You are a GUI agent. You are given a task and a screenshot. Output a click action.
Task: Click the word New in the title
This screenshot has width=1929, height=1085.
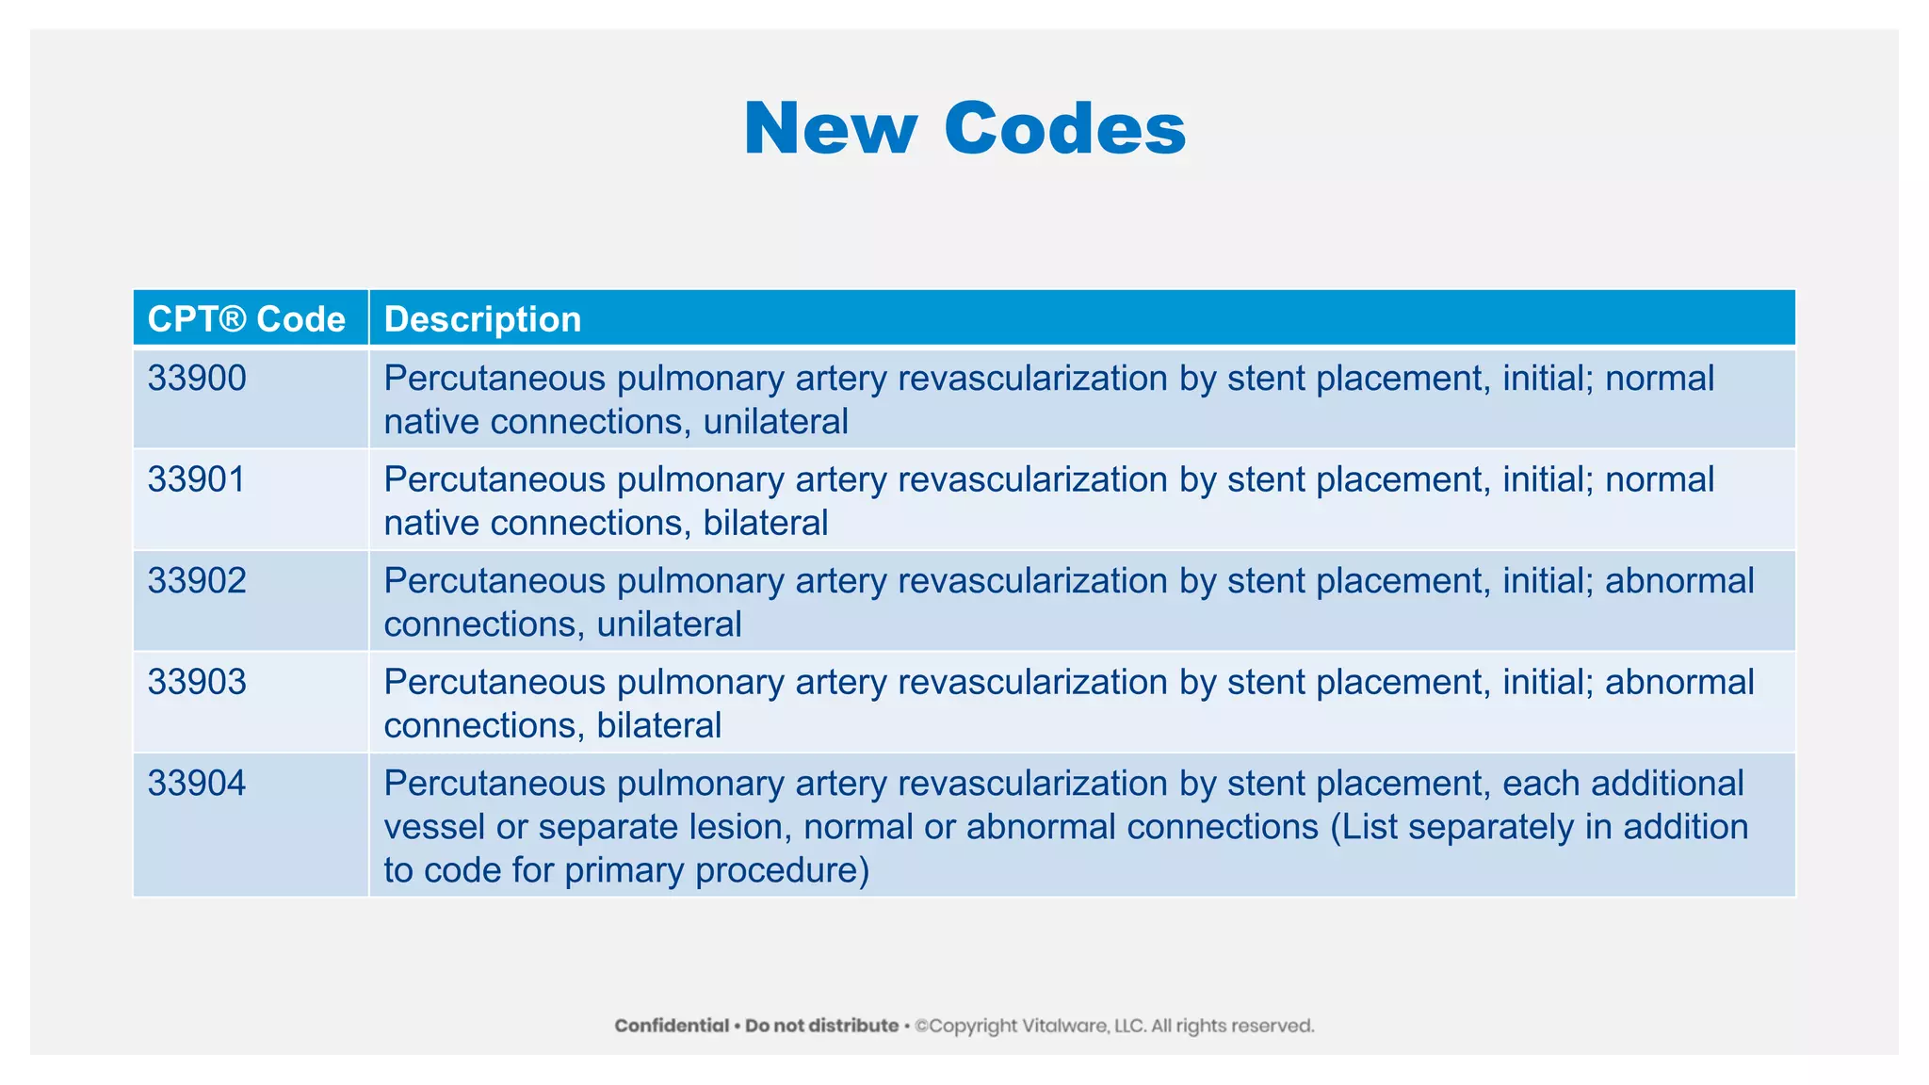click(829, 129)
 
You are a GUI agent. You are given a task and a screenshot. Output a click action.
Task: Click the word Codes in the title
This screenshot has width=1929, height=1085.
click(1064, 129)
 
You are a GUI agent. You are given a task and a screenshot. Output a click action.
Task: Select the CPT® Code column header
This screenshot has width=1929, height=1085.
click(247, 319)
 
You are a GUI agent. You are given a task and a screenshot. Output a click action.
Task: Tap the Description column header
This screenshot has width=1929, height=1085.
click(482, 319)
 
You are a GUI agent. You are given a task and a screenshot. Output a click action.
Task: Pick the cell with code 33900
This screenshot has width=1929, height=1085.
click(197, 379)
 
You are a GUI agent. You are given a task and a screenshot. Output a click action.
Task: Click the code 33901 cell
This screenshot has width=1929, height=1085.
click(197, 480)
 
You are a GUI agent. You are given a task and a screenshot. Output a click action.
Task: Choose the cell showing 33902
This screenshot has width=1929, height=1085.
click(197, 581)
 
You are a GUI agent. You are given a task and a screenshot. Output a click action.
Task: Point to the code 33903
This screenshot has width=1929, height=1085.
click(197, 682)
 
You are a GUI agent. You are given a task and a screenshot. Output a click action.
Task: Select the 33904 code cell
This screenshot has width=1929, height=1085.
click(197, 784)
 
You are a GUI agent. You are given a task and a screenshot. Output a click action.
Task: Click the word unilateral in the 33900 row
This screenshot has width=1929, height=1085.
click(775, 422)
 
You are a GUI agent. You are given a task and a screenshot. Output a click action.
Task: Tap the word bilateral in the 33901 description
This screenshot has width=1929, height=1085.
click(765, 524)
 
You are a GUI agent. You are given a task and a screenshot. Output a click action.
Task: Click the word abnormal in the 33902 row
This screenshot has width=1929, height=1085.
click(1679, 581)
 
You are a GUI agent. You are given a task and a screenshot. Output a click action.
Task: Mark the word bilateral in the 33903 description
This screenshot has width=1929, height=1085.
click(658, 726)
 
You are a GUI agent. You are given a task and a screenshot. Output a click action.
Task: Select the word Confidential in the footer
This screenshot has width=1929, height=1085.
click(672, 1026)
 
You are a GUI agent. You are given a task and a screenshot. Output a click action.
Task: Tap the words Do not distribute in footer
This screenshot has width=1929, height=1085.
click(821, 1026)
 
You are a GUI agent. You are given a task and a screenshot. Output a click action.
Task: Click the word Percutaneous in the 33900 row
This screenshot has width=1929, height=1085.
click(494, 379)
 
